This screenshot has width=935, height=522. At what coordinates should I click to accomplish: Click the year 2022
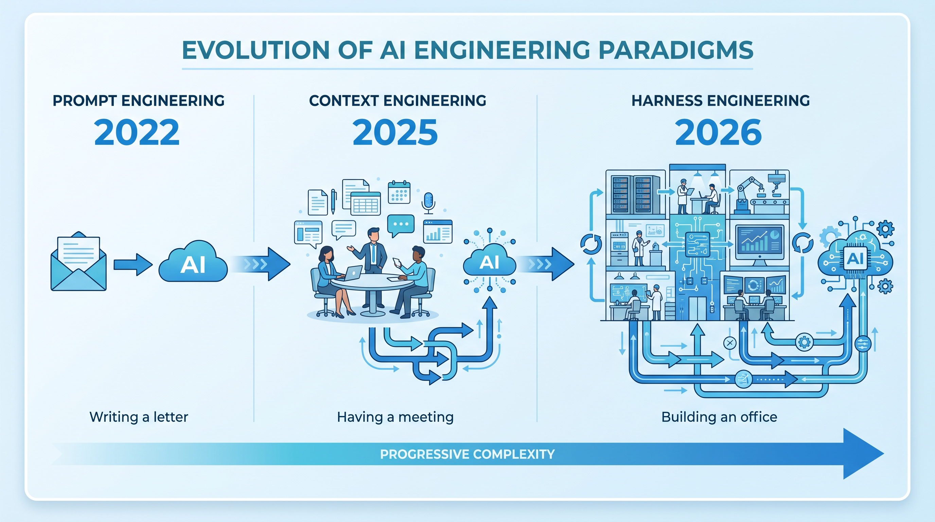pyautogui.click(x=137, y=133)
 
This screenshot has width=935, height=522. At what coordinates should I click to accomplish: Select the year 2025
pyautogui.click(x=395, y=133)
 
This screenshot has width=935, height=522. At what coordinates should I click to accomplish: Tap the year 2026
pyautogui.click(x=718, y=133)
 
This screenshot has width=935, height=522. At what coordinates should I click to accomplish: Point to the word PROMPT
pyautogui.click(x=85, y=101)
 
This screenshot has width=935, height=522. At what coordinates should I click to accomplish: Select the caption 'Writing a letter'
pyautogui.click(x=139, y=417)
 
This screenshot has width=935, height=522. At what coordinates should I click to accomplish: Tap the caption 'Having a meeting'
pyautogui.click(x=395, y=417)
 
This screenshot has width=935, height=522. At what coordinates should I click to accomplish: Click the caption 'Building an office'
pyautogui.click(x=719, y=417)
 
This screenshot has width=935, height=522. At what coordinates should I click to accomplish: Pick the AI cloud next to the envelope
pyautogui.click(x=193, y=261)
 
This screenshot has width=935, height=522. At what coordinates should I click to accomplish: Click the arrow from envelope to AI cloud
pyautogui.click(x=133, y=265)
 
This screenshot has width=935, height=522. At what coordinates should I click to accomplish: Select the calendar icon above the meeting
pyautogui.click(x=399, y=192)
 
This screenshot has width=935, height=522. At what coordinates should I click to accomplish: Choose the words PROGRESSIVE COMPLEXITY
pyautogui.click(x=467, y=454)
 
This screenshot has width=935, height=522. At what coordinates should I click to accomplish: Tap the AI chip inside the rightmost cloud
pyautogui.click(x=855, y=259)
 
